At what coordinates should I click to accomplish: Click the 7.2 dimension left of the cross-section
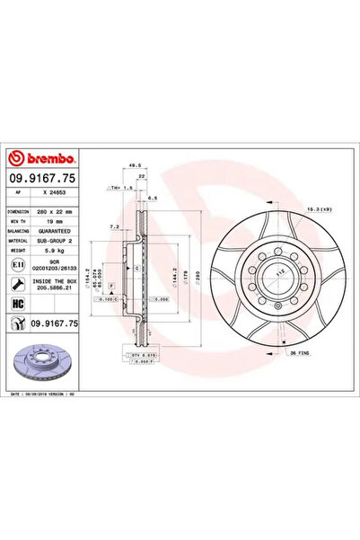coord(110,227)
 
